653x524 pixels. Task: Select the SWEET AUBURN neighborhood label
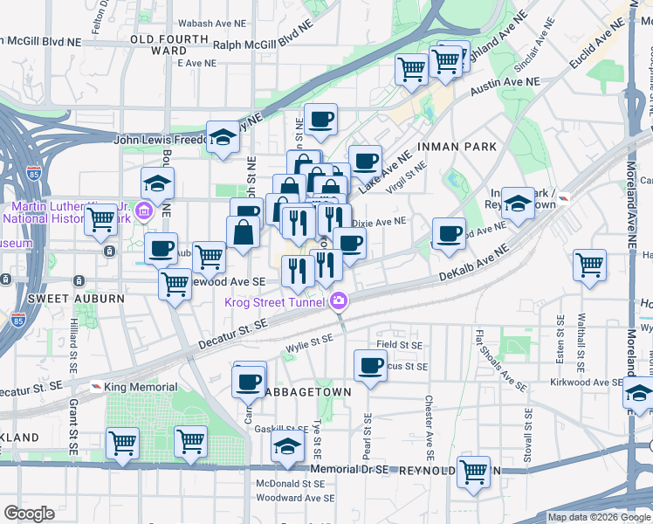[x=65, y=299]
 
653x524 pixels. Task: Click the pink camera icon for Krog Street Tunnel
[x=338, y=302]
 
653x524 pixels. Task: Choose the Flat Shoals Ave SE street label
[x=502, y=360]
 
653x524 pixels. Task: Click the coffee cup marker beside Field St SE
[x=369, y=364]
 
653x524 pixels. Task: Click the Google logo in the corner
[x=30, y=514]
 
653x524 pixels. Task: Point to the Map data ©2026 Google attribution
[x=599, y=517]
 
